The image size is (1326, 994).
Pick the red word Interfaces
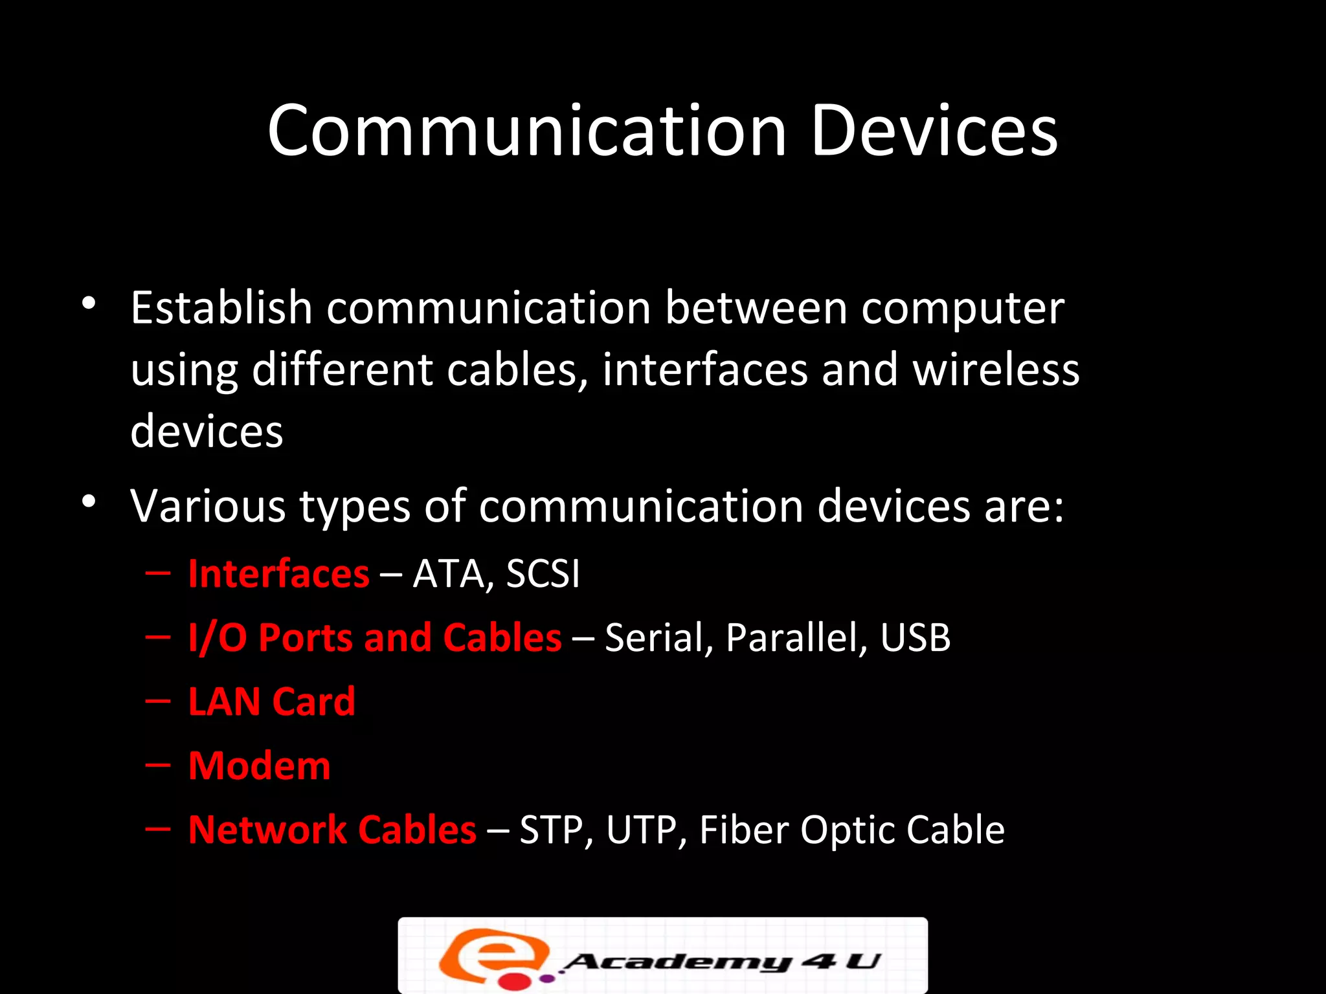(278, 574)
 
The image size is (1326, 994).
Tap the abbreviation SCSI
(543, 574)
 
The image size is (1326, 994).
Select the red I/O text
(218, 637)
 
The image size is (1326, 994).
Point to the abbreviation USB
(915, 637)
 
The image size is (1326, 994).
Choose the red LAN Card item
(271, 701)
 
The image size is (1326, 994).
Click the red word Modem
(259, 766)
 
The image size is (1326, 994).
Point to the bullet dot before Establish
(89, 303)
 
